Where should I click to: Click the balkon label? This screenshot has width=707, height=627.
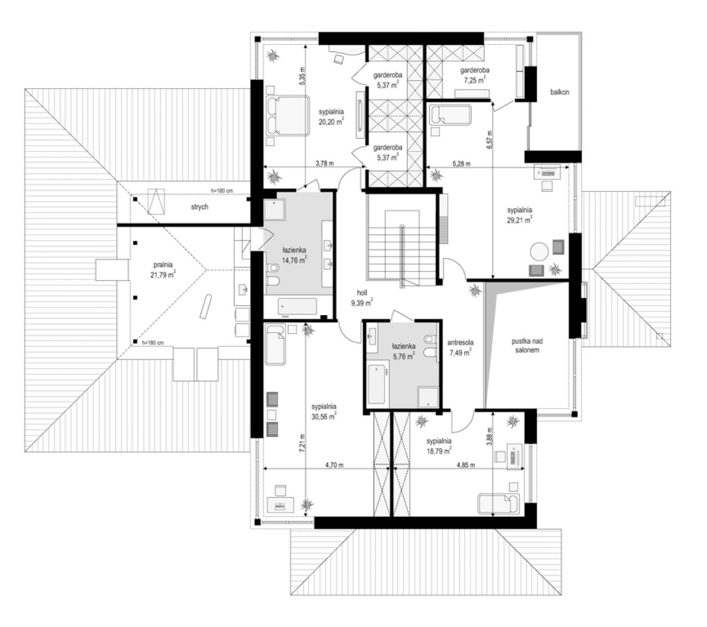pyautogui.click(x=560, y=92)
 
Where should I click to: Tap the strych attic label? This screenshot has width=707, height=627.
pyautogui.click(x=199, y=207)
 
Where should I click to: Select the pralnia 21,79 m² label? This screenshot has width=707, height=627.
pyautogui.click(x=163, y=270)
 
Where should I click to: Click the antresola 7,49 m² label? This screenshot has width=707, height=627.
pyautogui.click(x=460, y=347)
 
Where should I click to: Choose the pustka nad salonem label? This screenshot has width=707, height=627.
pyautogui.click(x=527, y=345)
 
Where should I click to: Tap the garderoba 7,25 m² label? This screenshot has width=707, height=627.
pyautogui.click(x=475, y=75)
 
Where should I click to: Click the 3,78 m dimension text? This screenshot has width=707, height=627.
pyautogui.click(x=325, y=163)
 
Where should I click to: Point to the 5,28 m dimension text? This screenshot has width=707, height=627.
pyautogui.click(x=461, y=163)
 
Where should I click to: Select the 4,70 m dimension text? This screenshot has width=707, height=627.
pyautogui.click(x=334, y=465)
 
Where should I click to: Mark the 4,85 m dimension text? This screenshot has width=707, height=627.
pyautogui.click(x=466, y=465)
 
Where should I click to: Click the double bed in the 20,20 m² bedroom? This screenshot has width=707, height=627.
pyautogui.click(x=288, y=115)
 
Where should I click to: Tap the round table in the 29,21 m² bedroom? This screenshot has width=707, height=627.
pyautogui.click(x=539, y=251)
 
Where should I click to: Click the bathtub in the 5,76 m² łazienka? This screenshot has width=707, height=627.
pyautogui.click(x=376, y=384)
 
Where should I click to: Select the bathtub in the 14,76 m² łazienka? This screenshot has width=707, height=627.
pyautogui.click(x=298, y=306)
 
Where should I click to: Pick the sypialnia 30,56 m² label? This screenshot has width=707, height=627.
pyautogui.click(x=324, y=412)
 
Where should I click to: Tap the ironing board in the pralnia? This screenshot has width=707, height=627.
pyautogui.click(x=206, y=307)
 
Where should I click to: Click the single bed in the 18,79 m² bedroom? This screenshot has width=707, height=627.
pyautogui.click(x=499, y=504)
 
